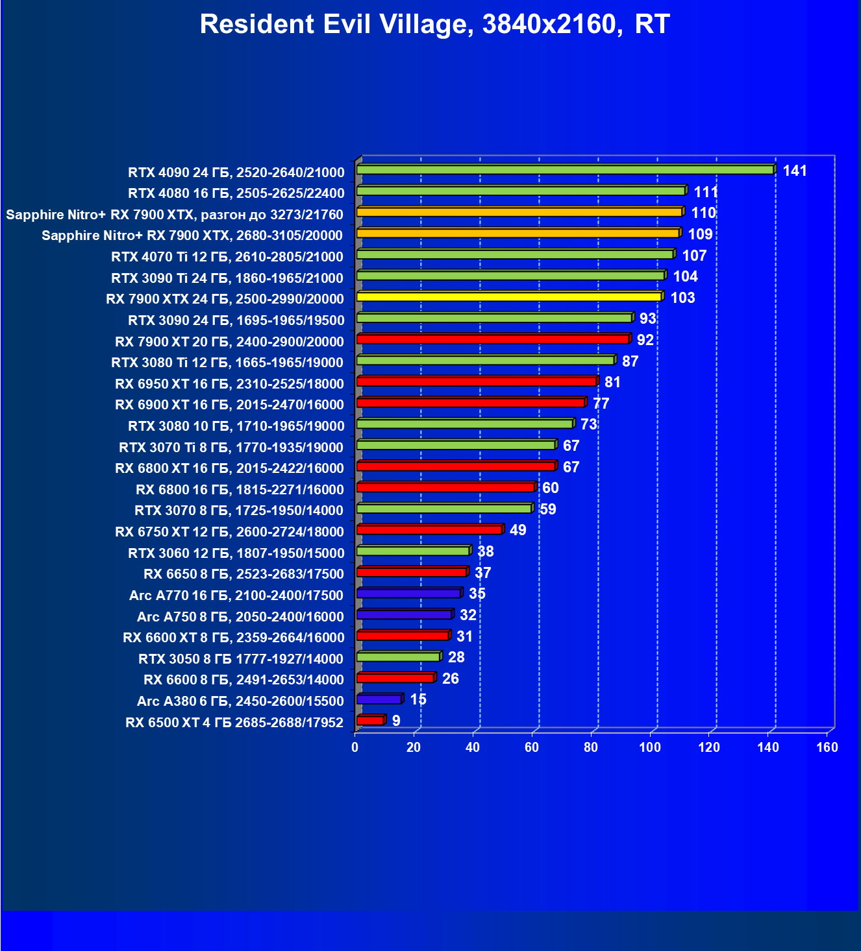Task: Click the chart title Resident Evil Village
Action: coord(434,25)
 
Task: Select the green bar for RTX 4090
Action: coord(565,170)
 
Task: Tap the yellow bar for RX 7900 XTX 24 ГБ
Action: coord(508,297)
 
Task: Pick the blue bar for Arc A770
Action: coord(408,594)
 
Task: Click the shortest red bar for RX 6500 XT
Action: coord(370,721)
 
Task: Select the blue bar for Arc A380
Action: coord(379,699)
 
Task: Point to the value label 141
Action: coord(795,171)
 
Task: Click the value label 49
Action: coord(518,530)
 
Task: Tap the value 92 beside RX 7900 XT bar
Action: coord(645,340)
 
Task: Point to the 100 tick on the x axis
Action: coord(650,747)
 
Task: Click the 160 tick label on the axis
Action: coord(827,747)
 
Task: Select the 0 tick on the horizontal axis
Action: coord(355,747)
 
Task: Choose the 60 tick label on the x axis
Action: coord(532,747)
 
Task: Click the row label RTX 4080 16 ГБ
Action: coord(236,193)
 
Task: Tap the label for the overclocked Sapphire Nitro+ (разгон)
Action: coord(175,214)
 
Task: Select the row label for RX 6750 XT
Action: coord(229,532)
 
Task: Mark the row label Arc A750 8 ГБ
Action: coord(240,616)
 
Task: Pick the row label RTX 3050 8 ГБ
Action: coord(241,659)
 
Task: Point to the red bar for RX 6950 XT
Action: coord(477,381)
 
